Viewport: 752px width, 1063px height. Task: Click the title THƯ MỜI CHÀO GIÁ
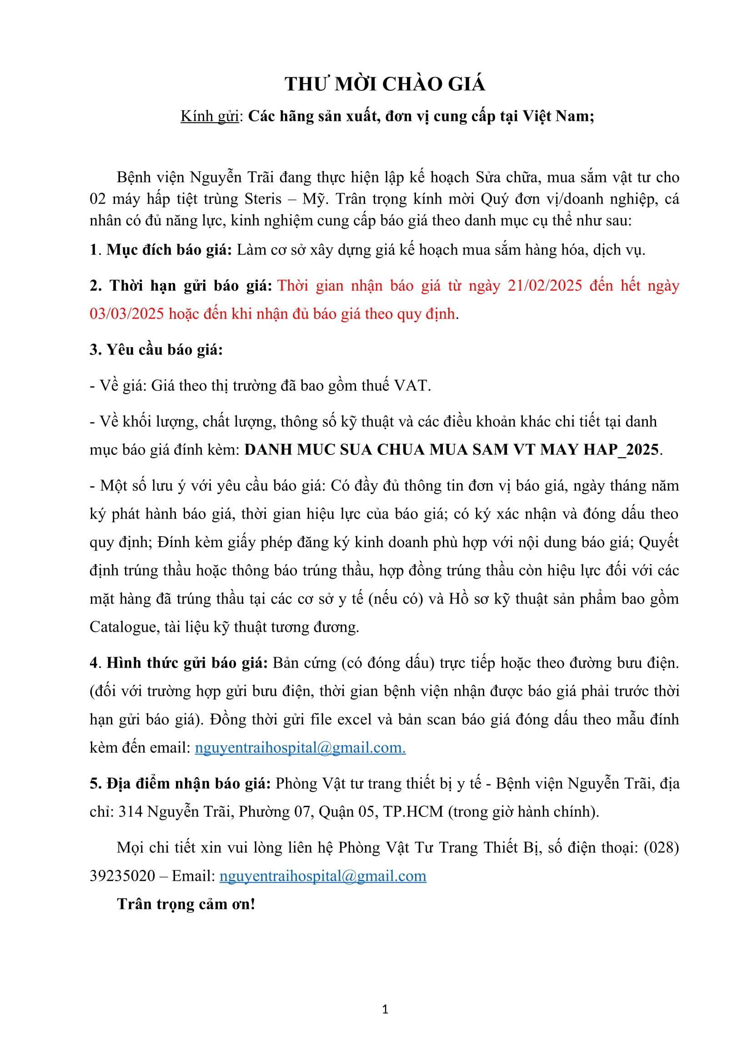(x=385, y=84)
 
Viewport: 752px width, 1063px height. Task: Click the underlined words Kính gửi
(x=209, y=116)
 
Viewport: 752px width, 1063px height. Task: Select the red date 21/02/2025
(x=545, y=286)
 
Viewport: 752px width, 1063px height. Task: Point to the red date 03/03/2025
(x=126, y=314)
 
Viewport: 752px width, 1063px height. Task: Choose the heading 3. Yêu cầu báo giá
(x=156, y=350)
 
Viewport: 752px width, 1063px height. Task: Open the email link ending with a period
(x=300, y=748)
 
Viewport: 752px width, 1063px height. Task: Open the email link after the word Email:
(x=323, y=876)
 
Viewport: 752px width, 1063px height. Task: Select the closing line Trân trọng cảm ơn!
(x=186, y=904)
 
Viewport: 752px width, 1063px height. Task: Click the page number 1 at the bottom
(x=385, y=1009)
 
